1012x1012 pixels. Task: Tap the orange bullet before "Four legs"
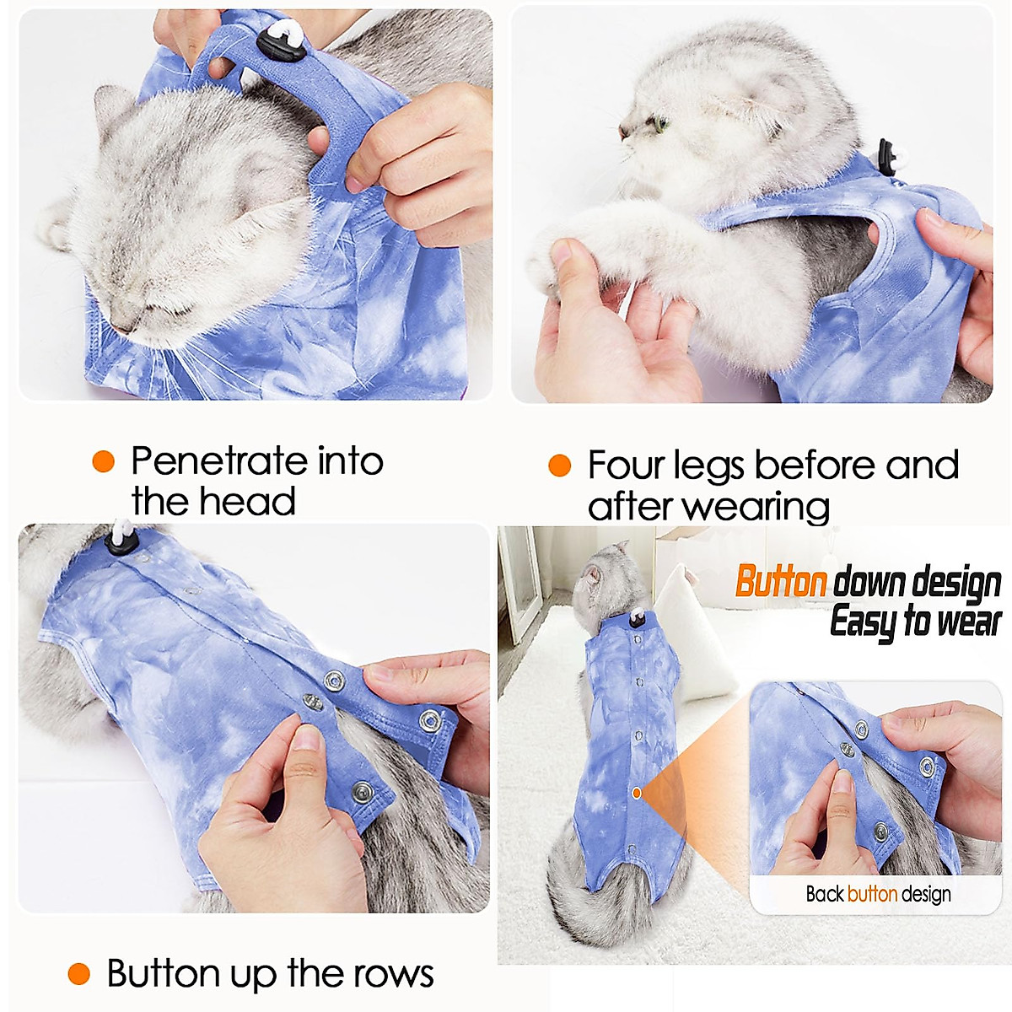click(559, 466)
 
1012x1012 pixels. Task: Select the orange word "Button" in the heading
click(780, 582)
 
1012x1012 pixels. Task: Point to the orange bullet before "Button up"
click(78, 974)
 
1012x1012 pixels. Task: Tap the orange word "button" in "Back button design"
click(872, 894)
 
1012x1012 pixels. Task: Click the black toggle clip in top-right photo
click(889, 157)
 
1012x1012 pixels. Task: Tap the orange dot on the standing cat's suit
click(638, 793)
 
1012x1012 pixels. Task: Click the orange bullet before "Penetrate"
click(103, 461)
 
